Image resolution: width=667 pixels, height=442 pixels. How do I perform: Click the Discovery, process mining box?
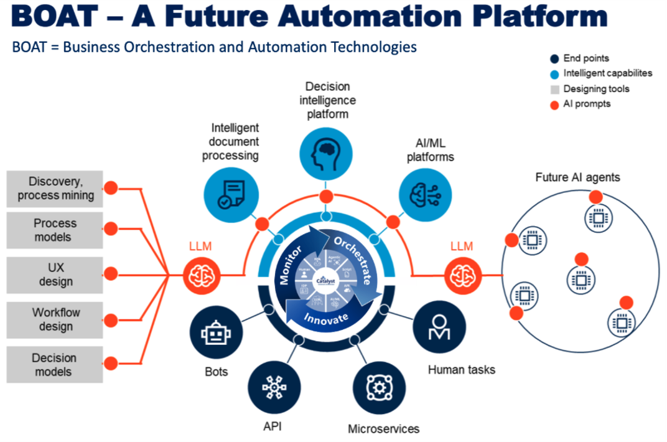coord(55,189)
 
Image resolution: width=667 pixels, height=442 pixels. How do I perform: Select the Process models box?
coord(55,230)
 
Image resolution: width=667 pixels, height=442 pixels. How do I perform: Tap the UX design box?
coord(55,275)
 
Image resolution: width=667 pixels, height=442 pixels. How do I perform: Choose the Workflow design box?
coord(55,320)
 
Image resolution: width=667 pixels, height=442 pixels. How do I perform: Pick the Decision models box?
coord(55,365)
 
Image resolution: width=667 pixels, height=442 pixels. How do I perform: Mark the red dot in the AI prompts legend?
coord(554,105)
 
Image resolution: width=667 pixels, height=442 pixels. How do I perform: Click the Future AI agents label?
coord(577,177)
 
